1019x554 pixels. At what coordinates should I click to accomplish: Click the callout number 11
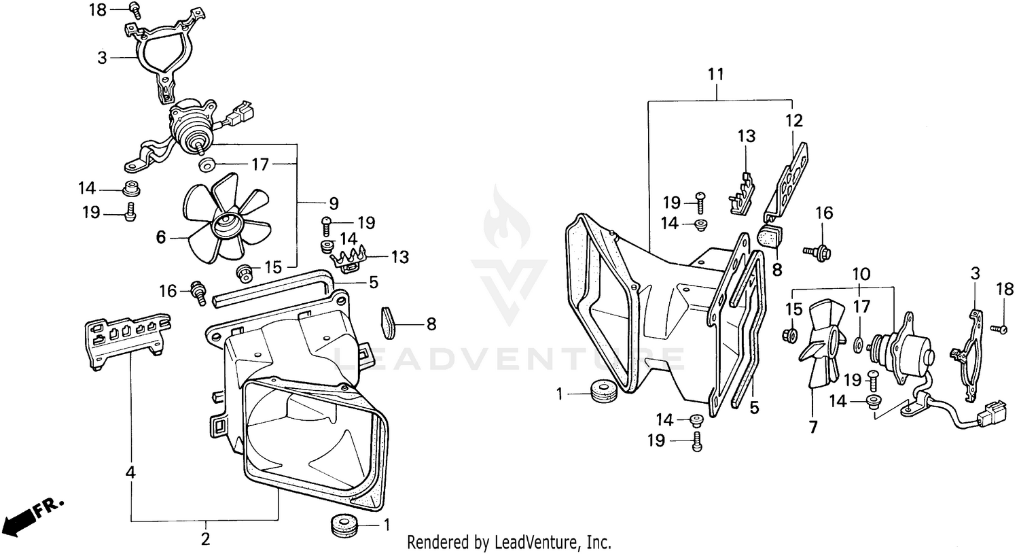(715, 74)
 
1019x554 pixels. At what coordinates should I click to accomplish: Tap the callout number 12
(794, 121)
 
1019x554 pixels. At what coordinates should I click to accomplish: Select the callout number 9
(334, 202)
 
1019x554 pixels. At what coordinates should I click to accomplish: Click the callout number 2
(205, 540)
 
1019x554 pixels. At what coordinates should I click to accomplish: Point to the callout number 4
(130, 470)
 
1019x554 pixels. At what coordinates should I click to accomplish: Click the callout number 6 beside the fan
(161, 237)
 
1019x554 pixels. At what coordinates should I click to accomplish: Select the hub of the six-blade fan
(226, 222)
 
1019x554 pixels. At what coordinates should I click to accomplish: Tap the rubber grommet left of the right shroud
(603, 392)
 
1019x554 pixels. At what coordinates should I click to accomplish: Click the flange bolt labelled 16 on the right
(821, 252)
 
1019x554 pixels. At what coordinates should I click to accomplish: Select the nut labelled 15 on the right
(790, 335)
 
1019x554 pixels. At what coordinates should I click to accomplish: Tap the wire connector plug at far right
(983, 412)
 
